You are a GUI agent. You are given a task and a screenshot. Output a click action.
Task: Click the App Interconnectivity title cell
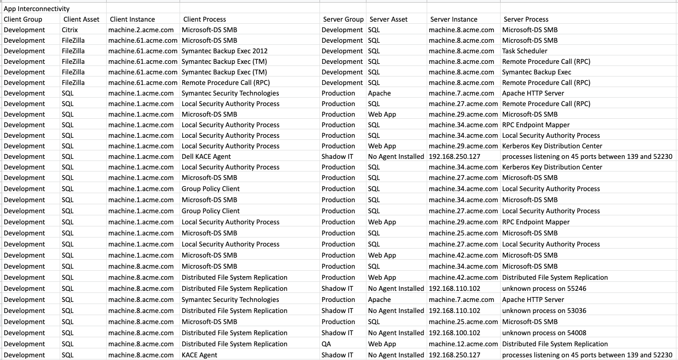click(x=36, y=9)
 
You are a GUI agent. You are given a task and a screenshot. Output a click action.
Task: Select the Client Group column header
click(x=23, y=20)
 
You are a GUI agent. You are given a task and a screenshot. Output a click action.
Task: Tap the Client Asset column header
click(x=81, y=20)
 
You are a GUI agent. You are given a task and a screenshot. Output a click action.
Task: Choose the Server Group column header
click(x=343, y=20)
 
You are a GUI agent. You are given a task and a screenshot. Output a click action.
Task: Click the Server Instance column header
click(x=454, y=20)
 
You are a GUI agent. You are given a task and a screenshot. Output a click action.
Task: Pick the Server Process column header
click(x=526, y=20)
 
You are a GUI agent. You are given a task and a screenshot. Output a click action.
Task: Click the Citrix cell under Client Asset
click(x=70, y=30)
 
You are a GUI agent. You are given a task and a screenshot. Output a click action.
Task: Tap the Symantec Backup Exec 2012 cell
click(x=224, y=51)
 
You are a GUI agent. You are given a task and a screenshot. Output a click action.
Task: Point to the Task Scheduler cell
click(x=524, y=51)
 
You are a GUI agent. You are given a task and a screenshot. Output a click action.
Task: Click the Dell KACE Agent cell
click(x=206, y=157)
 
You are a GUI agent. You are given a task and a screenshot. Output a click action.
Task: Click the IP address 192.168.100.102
click(x=454, y=333)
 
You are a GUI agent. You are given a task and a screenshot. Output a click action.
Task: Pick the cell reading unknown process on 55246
click(x=544, y=289)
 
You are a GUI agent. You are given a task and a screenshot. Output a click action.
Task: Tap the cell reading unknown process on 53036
click(x=544, y=311)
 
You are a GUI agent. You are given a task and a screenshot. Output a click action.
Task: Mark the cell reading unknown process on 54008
click(x=544, y=333)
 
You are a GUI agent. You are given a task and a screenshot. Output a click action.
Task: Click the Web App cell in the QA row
click(x=382, y=344)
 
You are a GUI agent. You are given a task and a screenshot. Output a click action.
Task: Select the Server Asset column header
click(x=388, y=20)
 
